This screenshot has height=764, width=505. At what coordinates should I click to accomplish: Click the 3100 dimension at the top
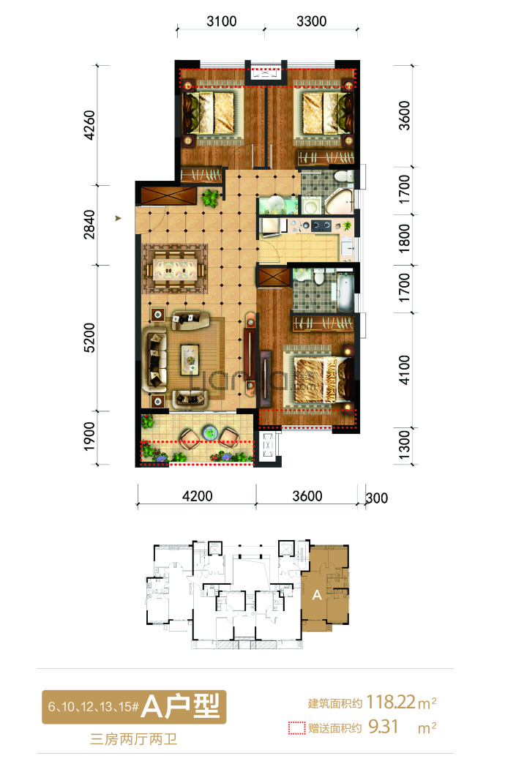tap(222, 21)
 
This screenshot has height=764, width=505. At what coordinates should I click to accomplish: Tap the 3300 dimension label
tap(312, 21)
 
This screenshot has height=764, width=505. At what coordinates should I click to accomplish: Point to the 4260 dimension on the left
tap(89, 125)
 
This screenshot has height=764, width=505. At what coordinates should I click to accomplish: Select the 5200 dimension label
tap(89, 337)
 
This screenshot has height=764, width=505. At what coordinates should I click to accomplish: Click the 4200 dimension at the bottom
tap(198, 496)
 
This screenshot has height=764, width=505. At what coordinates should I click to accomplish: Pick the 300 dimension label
tap(377, 498)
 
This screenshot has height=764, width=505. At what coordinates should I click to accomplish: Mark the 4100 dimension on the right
tap(405, 370)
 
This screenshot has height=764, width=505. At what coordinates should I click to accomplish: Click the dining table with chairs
tap(175, 269)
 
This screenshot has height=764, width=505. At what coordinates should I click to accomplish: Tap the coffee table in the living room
tap(190, 359)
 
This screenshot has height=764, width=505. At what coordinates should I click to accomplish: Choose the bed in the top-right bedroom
tap(328, 113)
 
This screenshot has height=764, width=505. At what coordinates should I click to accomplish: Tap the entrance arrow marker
tap(118, 218)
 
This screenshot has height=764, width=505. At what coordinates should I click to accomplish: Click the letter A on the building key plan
tap(317, 595)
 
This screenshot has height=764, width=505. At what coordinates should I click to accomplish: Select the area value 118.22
tap(390, 702)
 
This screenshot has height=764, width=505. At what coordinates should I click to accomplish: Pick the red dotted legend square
tap(296, 728)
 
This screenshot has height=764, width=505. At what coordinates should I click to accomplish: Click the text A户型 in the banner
tap(180, 706)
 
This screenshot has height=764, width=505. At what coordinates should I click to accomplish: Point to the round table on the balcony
tap(210, 432)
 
